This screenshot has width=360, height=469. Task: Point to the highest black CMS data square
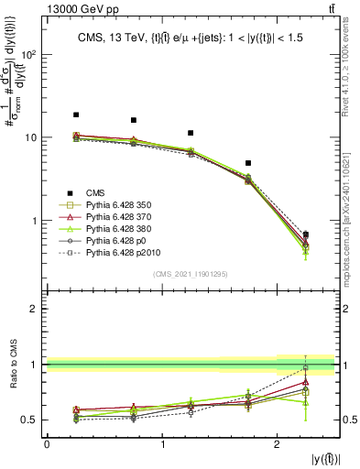76,115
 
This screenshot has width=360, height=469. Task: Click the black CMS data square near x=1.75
249,163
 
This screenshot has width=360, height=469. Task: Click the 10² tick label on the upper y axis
30,54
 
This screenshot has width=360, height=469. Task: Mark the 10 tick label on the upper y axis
31,137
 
